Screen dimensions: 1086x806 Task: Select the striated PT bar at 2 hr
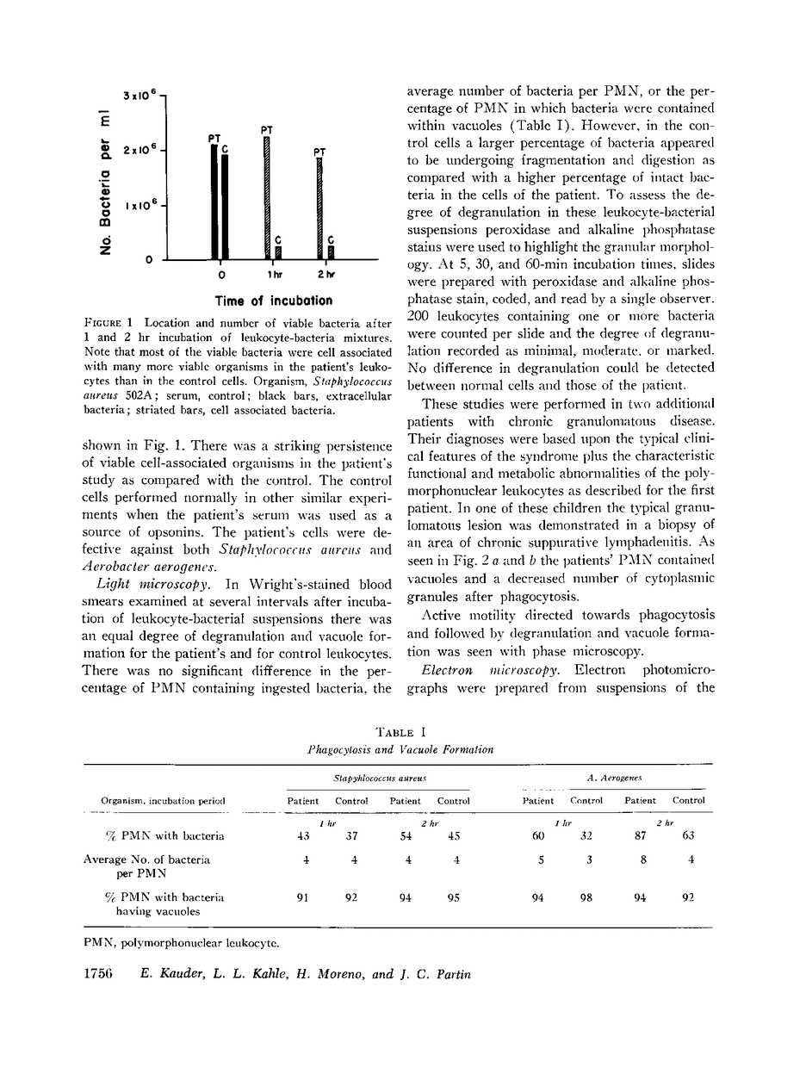coord(319,208)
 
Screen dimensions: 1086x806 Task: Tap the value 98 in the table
coord(586,897)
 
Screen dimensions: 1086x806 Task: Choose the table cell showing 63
coord(687,835)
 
